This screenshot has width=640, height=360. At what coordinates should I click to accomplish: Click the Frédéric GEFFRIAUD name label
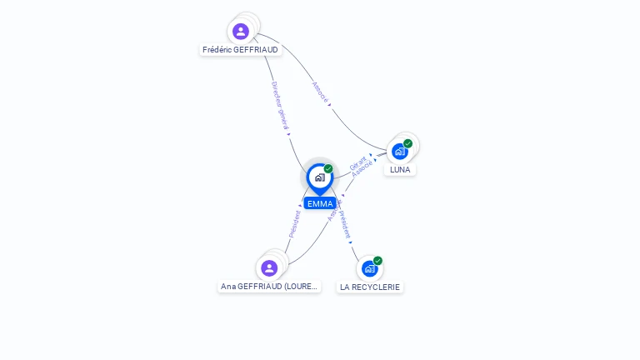tap(241, 50)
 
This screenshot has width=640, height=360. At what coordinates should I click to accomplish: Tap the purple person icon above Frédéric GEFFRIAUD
tap(241, 32)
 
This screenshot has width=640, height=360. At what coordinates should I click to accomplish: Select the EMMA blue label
tap(320, 203)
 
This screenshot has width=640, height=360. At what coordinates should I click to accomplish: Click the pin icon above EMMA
tap(319, 177)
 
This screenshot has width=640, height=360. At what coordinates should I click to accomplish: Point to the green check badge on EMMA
tap(328, 169)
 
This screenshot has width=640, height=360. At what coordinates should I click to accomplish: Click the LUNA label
tap(400, 170)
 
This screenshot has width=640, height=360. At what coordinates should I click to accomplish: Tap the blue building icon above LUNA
tap(400, 151)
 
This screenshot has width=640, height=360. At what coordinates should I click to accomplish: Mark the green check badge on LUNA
tap(407, 143)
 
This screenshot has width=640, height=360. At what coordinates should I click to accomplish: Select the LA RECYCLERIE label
tap(370, 287)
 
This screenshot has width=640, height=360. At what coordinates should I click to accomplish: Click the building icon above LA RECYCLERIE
tap(369, 268)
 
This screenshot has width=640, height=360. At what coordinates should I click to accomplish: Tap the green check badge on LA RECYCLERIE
tap(377, 261)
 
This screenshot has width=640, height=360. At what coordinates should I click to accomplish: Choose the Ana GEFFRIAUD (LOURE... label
tap(269, 287)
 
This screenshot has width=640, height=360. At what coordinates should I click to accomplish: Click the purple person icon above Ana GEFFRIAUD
tap(268, 268)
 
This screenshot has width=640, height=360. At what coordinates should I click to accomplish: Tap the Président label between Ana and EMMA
tap(294, 223)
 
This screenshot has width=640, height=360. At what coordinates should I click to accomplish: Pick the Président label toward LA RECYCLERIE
tap(346, 223)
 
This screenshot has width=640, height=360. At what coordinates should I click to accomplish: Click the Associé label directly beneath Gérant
tap(363, 169)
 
